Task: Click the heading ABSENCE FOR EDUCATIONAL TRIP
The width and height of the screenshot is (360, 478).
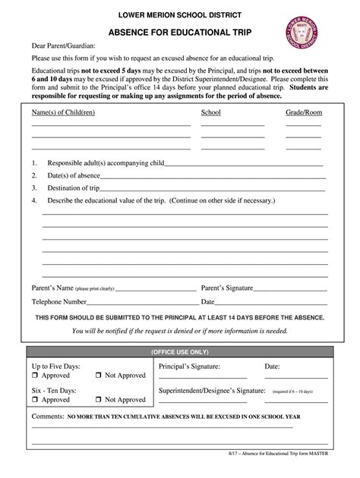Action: (x=180, y=33)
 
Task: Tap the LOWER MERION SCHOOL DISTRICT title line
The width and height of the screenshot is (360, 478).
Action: (x=180, y=14)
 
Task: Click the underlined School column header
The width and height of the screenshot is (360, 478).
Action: (x=210, y=112)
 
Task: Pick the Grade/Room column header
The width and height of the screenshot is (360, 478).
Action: (x=303, y=112)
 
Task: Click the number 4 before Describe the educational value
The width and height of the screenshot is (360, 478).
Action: (x=34, y=201)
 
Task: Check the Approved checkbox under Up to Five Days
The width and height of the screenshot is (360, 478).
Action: (x=35, y=376)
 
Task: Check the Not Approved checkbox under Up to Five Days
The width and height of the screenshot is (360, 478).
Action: (x=99, y=376)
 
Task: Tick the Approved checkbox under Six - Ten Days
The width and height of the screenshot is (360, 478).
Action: (x=35, y=399)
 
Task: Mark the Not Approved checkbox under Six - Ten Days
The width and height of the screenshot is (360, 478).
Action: (x=99, y=399)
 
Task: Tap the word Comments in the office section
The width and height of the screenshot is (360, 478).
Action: (x=47, y=417)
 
